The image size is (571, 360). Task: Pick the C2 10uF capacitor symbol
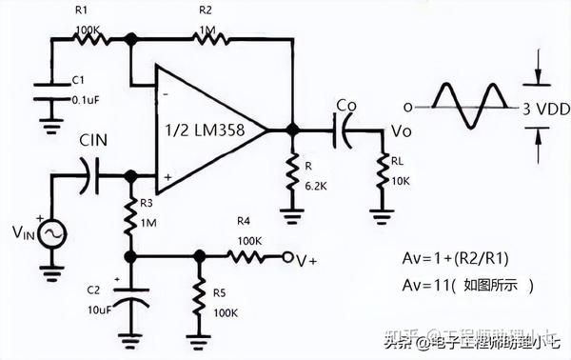[x=132, y=300]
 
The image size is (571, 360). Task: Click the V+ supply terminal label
[x=306, y=258]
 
